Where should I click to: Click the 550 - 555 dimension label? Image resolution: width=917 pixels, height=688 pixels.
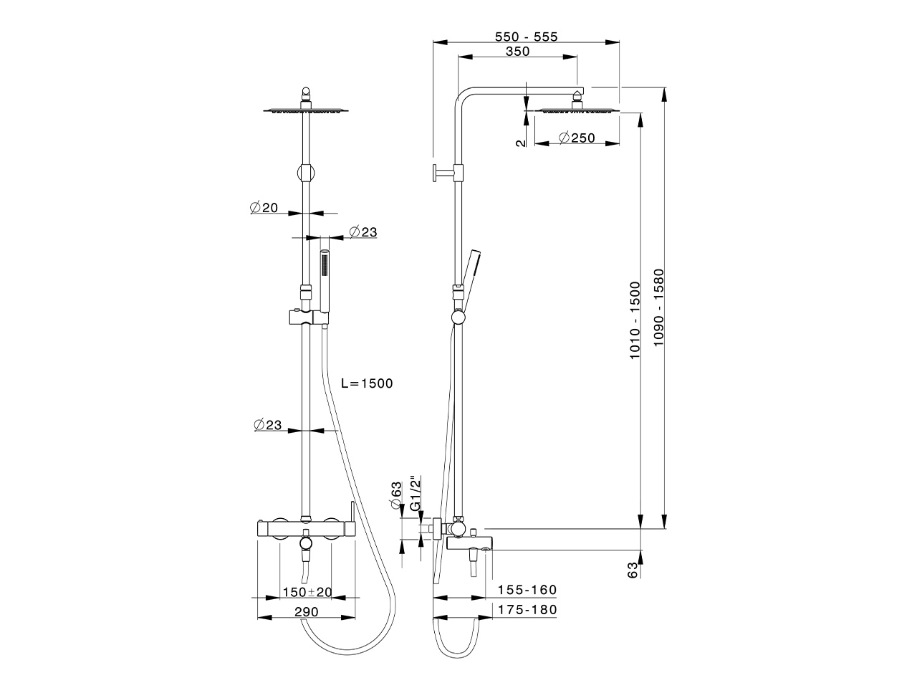[527, 37]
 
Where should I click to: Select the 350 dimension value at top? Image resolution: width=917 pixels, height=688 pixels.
[517, 52]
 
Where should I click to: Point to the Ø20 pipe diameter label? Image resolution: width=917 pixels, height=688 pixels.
[264, 208]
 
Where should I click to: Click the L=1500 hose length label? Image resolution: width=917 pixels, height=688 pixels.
[367, 383]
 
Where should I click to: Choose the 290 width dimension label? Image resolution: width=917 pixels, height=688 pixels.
[306, 611]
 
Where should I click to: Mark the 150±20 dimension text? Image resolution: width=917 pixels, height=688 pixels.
[307, 592]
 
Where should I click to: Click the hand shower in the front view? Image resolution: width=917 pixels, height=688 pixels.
[325, 281]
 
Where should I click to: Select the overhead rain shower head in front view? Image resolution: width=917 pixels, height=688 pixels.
[306, 110]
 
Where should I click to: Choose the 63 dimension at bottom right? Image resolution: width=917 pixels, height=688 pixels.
[633, 570]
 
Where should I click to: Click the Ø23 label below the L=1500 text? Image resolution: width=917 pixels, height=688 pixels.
[267, 425]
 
